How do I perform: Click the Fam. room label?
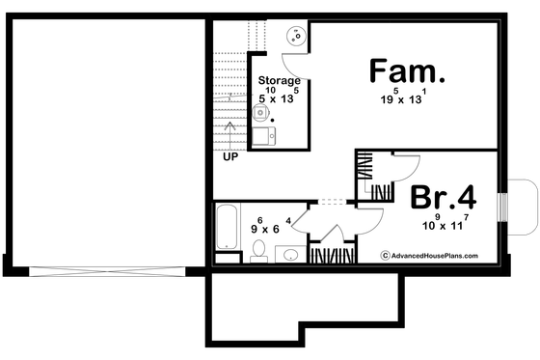pyautogui.click(x=408, y=72)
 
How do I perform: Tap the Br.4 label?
pyautogui.click(x=444, y=198)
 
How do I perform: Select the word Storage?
pyautogui.click(x=280, y=81)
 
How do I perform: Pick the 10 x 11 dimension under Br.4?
pyautogui.click(x=440, y=225)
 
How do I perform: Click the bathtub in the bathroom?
pyautogui.click(x=229, y=229)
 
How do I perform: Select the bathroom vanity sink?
pyautogui.click(x=289, y=255)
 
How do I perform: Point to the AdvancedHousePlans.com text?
pyautogui.click(x=439, y=256)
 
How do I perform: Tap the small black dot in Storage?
pyautogui.click(x=274, y=121)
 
